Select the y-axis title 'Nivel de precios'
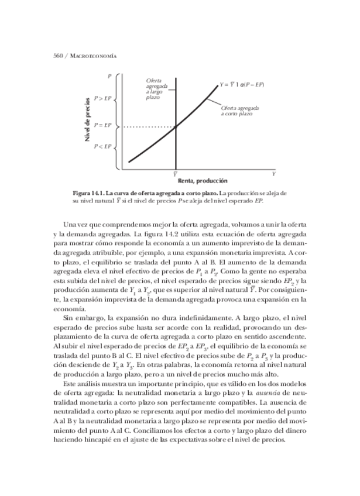point(88,120)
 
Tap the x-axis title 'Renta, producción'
point(203,181)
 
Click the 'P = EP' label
point(102,126)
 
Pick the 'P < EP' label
point(102,146)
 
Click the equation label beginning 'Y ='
point(241,84)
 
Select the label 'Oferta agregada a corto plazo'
point(240,111)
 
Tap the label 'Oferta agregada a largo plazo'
point(156,89)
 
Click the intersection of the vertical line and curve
point(176,126)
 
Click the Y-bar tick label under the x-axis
point(176,174)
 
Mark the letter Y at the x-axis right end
point(273,174)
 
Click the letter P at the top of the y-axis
point(109,77)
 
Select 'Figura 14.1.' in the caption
point(91,192)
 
